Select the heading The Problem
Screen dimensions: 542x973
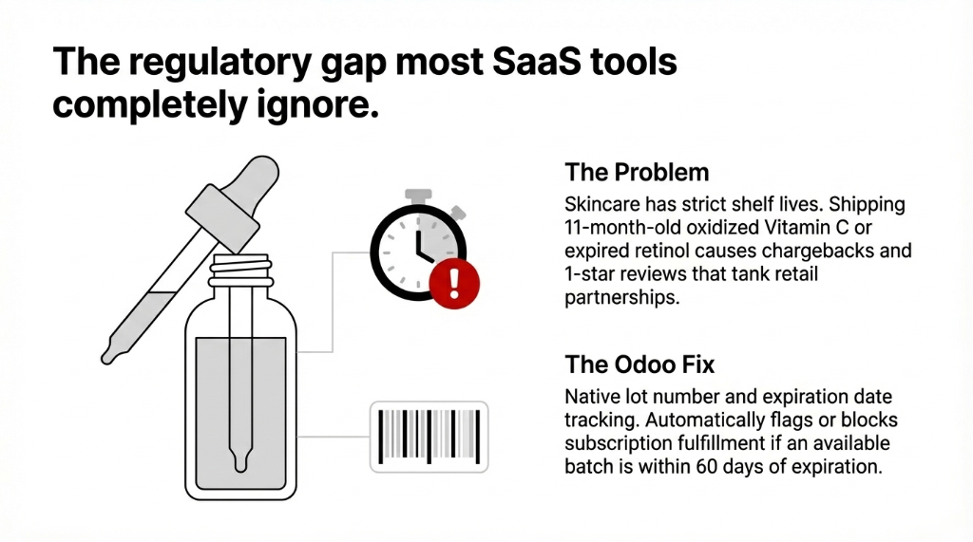pos(637,173)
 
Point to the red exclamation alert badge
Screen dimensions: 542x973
pos(455,281)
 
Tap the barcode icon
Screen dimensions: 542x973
pos(428,435)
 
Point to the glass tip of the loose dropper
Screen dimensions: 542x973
pos(117,350)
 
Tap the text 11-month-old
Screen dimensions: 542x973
pos(624,228)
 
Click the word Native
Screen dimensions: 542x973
pos(592,396)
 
